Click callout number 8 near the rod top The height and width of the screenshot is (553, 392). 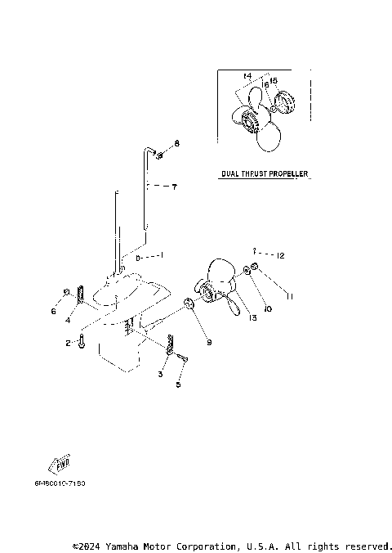pyautogui.click(x=176, y=144)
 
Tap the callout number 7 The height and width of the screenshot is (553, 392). pyautogui.click(x=174, y=187)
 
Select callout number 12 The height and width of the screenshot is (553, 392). pyautogui.click(x=280, y=256)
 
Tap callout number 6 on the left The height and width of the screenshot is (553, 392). pyautogui.click(x=54, y=311)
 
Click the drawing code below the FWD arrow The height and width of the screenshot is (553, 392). pyautogui.click(x=60, y=483)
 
